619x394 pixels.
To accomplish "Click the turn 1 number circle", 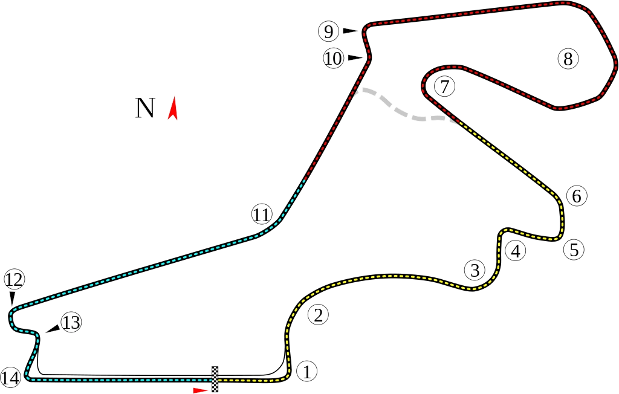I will [307, 371].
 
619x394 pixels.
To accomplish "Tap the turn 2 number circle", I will [318, 314].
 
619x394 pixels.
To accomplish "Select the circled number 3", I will [475, 269].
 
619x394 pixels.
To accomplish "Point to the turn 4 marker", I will [515, 250].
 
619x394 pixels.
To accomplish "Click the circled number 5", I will [574, 249].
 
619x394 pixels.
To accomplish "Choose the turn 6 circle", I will [577, 196].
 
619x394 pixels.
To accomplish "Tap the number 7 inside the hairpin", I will [444, 86].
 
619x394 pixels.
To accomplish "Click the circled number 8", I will [567, 59].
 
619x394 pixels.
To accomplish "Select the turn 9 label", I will [328, 30].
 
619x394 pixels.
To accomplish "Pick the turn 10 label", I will [333, 59].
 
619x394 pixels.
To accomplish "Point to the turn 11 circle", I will [262, 215].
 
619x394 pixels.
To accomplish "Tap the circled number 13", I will [71, 323].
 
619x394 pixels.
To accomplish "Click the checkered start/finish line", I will [215, 378].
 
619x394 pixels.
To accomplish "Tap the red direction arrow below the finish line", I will [201, 390].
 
